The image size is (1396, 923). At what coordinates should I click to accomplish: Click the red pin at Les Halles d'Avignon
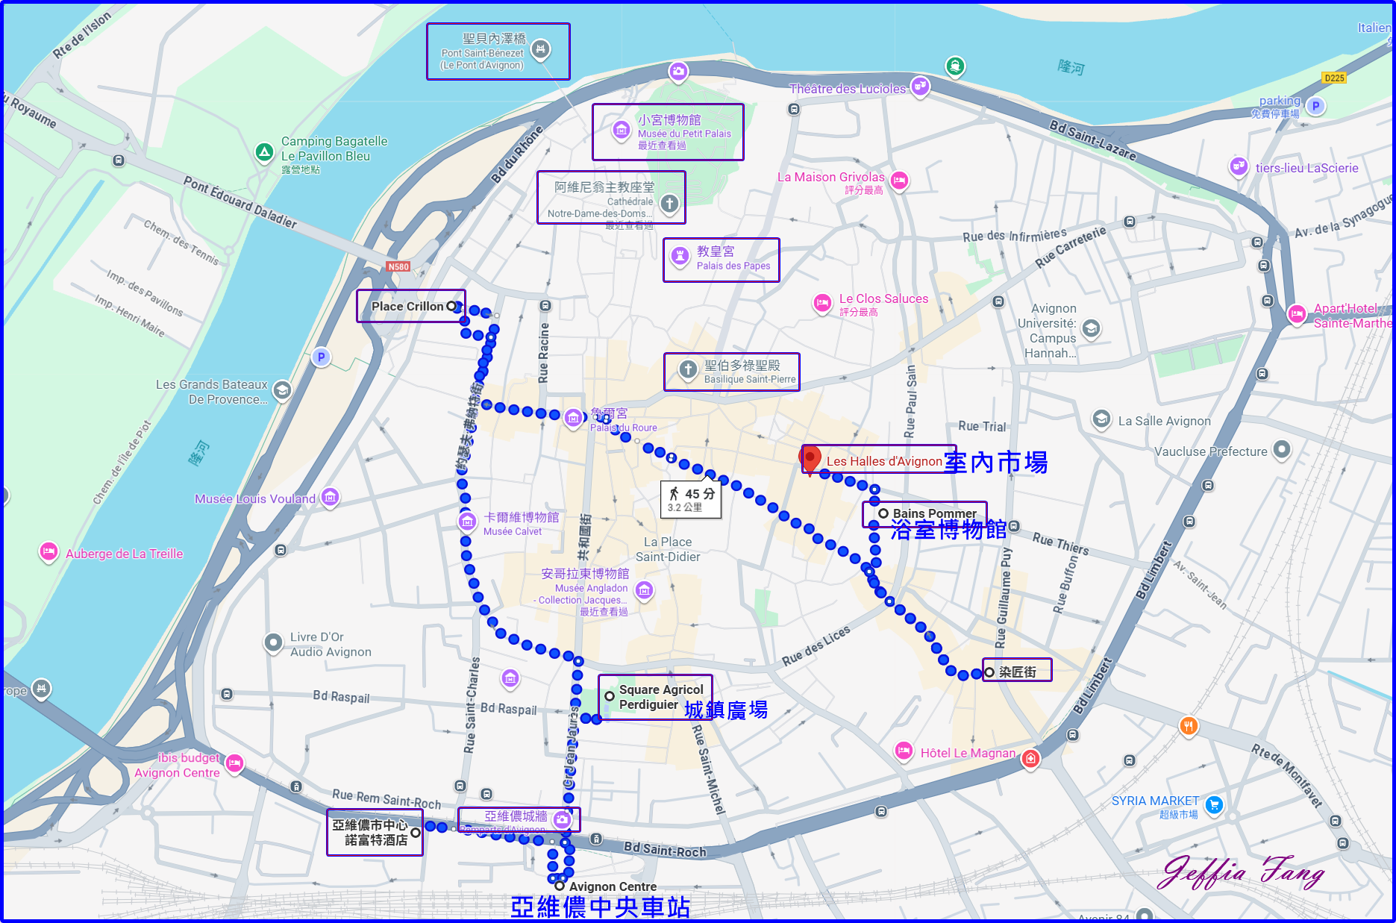click(810, 457)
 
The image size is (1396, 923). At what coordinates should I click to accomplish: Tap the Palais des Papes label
click(733, 258)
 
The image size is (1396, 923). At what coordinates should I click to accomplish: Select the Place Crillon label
click(407, 306)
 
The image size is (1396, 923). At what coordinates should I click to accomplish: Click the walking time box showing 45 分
click(691, 499)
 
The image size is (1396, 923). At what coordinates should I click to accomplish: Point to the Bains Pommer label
click(934, 513)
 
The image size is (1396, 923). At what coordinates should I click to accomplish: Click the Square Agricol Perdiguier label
click(660, 697)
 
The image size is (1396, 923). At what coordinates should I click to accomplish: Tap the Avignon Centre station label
click(612, 886)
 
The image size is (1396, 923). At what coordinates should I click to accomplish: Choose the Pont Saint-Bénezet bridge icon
click(540, 50)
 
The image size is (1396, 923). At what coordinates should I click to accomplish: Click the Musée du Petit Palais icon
click(621, 130)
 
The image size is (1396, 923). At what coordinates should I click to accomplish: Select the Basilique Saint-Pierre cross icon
click(688, 369)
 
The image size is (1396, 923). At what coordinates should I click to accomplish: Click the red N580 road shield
click(398, 266)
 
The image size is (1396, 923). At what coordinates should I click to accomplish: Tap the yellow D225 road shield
click(1334, 78)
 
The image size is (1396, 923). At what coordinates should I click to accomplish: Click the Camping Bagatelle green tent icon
click(264, 152)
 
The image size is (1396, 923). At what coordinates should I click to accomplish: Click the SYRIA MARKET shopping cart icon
click(1214, 805)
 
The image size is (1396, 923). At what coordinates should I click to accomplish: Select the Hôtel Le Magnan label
click(968, 753)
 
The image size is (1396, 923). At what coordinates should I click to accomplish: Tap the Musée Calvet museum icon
click(467, 522)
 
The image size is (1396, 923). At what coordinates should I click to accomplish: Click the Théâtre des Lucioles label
click(847, 89)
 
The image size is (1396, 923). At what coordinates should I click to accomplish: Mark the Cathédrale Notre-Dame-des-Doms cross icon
click(669, 203)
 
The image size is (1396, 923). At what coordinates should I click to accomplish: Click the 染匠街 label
click(1017, 672)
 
